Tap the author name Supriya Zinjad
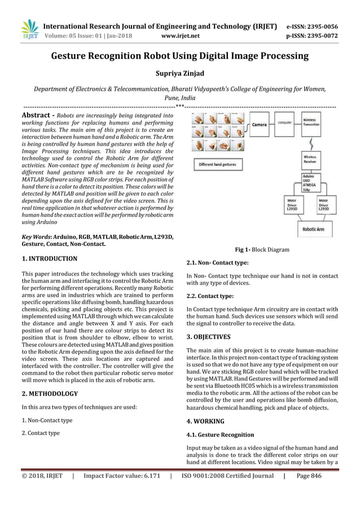click(179, 73)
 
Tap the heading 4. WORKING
click(205, 421)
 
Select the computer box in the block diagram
click(286, 121)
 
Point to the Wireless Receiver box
click(309, 159)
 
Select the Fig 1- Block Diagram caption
click(262, 249)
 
